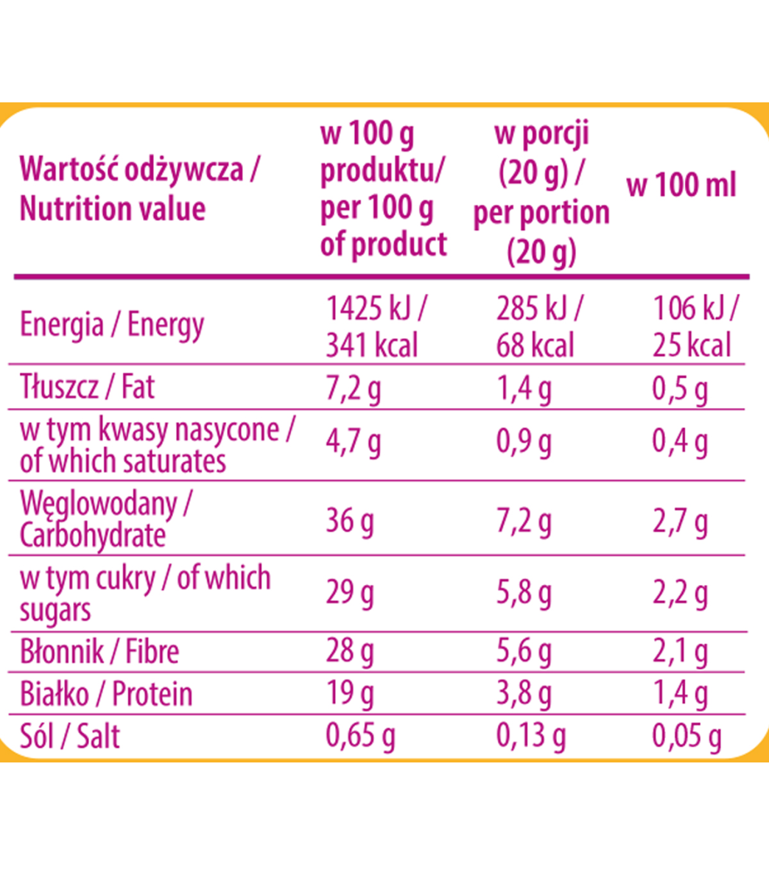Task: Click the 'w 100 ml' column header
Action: click(681, 185)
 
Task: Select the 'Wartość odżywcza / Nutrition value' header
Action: click(140, 189)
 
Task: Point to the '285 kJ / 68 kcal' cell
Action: click(538, 327)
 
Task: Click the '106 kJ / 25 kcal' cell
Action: click(694, 327)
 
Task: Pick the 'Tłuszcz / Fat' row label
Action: click(87, 387)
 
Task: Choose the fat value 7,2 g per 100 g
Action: click(354, 388)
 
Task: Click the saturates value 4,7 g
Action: click(354, 443)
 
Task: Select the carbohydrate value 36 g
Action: click(350, 521)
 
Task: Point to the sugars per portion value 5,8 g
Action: click(524, 593)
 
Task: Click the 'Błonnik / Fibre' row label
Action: click(99, 651)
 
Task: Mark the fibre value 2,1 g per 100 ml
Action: click(680, 651)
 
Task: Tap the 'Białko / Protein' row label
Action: click(106, 694)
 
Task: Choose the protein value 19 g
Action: click(350, 694)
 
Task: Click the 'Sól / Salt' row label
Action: click(70, 736)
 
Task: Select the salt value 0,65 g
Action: click(360, 736)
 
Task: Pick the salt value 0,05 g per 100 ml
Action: click(687, 736)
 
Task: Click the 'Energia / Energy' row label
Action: click(111, 324)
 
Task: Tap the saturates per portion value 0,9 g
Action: click(524, 443)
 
